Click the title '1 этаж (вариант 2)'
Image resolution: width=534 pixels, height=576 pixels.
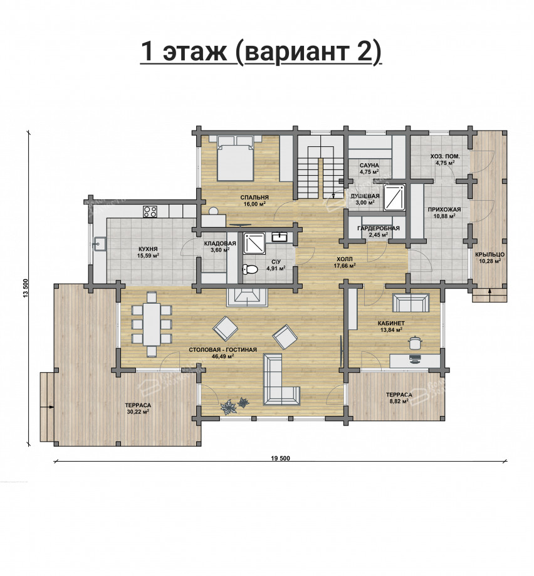click(x=261, y=52)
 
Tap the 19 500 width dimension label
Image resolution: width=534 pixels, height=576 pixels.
click(x=280, y=458)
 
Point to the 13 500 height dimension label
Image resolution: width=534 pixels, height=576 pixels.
click(x=25, y=289)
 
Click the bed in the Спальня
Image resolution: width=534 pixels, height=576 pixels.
click(x=235, y=158)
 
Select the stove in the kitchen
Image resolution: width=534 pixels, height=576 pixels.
click(x=150, y=211)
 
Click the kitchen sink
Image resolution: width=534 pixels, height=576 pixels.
click(x=99, y=243)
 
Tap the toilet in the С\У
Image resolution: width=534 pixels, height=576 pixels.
click(x=251, y=270)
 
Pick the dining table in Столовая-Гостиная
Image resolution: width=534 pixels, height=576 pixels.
click(x=152, y=324)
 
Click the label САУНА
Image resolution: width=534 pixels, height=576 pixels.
click(x=369, y=165)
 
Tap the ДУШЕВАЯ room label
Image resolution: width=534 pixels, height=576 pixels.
click(x=365, y=196)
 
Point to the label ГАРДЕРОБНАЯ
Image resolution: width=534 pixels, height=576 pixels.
click(x=379, y=228)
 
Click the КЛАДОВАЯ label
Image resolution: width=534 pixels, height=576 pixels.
click(x=220, y=243)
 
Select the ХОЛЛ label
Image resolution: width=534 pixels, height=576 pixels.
click(x=344, y=259)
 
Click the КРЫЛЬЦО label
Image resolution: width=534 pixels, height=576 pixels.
click(x=490, y=255)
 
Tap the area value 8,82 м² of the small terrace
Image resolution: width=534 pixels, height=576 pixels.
click(x=399, y=401)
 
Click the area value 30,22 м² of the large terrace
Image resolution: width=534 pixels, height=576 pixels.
click(x=138, y=412)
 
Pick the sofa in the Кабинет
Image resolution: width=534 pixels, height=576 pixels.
click(x=411, y=302)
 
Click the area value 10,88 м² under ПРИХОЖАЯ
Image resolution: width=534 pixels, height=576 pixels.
click(x=444, y=216)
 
